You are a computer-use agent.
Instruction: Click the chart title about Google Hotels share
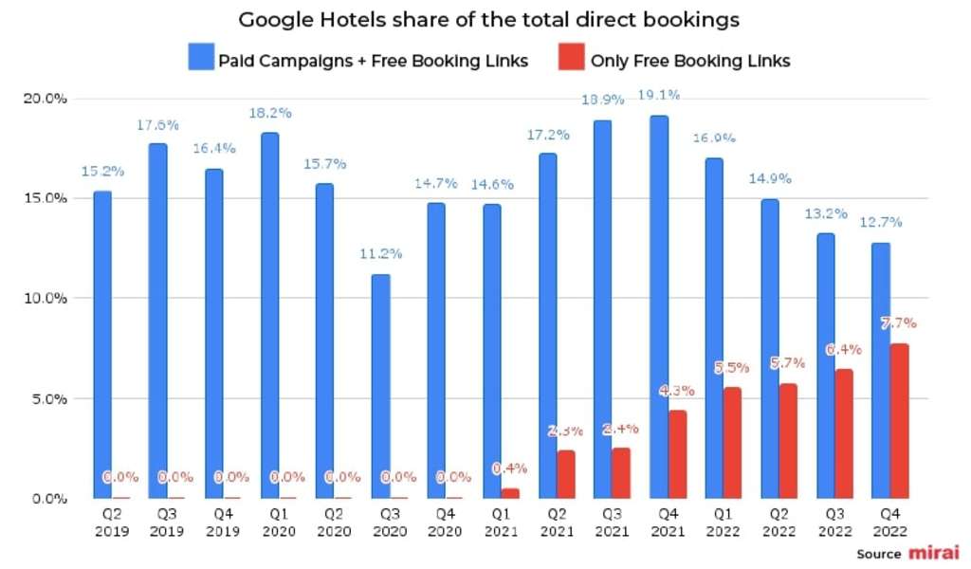(x=488, y=18)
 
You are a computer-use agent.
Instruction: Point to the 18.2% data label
(x=269, y=112)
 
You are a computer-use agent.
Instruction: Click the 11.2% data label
(x=381, y=253)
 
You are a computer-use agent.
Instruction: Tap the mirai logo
(x=934, y=552)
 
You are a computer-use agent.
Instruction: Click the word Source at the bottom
(x=878, y=553)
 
